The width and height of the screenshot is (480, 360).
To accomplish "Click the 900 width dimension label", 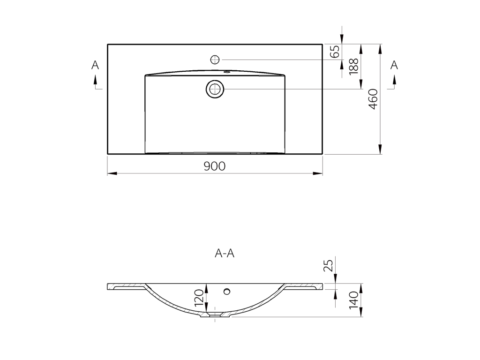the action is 215,166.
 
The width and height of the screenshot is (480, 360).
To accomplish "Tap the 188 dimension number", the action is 353,66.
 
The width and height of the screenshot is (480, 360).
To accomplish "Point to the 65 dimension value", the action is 335,52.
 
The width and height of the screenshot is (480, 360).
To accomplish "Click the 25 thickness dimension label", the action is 328,266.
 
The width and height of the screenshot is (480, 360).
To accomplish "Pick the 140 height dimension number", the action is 353,300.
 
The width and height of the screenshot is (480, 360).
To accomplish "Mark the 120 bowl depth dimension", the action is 199,297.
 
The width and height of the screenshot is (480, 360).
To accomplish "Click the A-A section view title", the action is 225,254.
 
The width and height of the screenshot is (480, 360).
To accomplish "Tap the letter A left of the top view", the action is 95,65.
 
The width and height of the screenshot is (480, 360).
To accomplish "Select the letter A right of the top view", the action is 394,65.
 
